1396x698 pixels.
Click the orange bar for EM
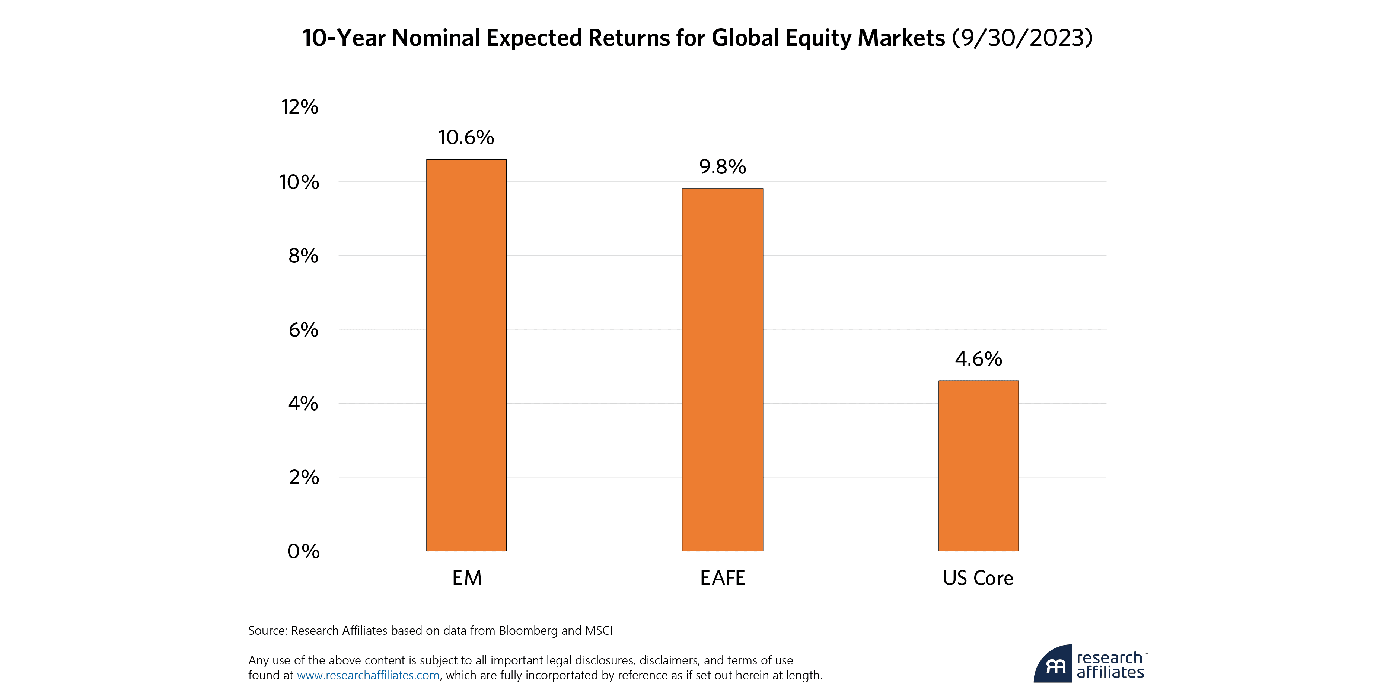click(x=466, y=355)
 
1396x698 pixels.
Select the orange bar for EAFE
click(x=722, y=370)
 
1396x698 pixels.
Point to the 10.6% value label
click(x=466, y=138)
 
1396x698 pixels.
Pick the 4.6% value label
click(x=978, y=359)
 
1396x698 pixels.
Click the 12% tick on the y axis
click(x=300, y=107)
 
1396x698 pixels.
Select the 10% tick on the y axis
click(x=299, y=182)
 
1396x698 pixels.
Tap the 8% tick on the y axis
click(x=303, y=256)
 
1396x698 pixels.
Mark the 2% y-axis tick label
click(x=303, y=478)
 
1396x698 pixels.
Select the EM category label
click(x=466, y=578)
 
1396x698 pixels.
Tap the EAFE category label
click(x=723, y=578)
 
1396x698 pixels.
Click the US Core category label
click(x=978, y=578)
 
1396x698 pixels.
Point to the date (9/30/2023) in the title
click(x=1022, y=38)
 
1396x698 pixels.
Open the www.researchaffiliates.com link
click(x=368, y=675)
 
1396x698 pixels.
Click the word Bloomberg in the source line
click(x=528, y=631)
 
